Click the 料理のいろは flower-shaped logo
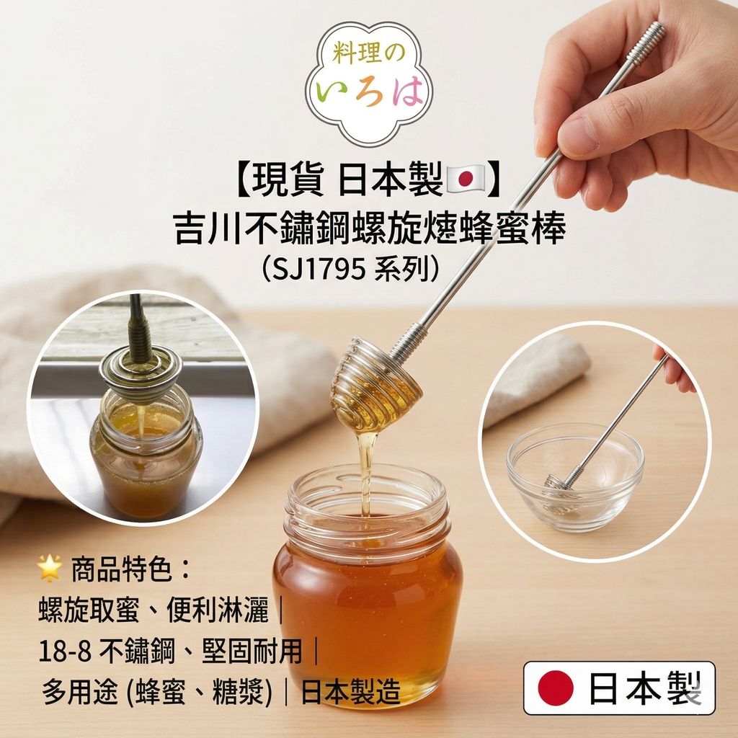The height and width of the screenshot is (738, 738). pos(368,83)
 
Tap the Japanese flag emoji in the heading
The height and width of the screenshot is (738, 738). pos(465,179)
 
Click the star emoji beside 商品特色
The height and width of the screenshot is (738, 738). pos(50,568)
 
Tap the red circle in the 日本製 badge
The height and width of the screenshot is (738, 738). pos(556,688)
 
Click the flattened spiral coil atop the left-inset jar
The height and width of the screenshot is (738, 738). pos(141,370)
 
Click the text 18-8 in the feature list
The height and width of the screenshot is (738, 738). pos(65,652)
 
